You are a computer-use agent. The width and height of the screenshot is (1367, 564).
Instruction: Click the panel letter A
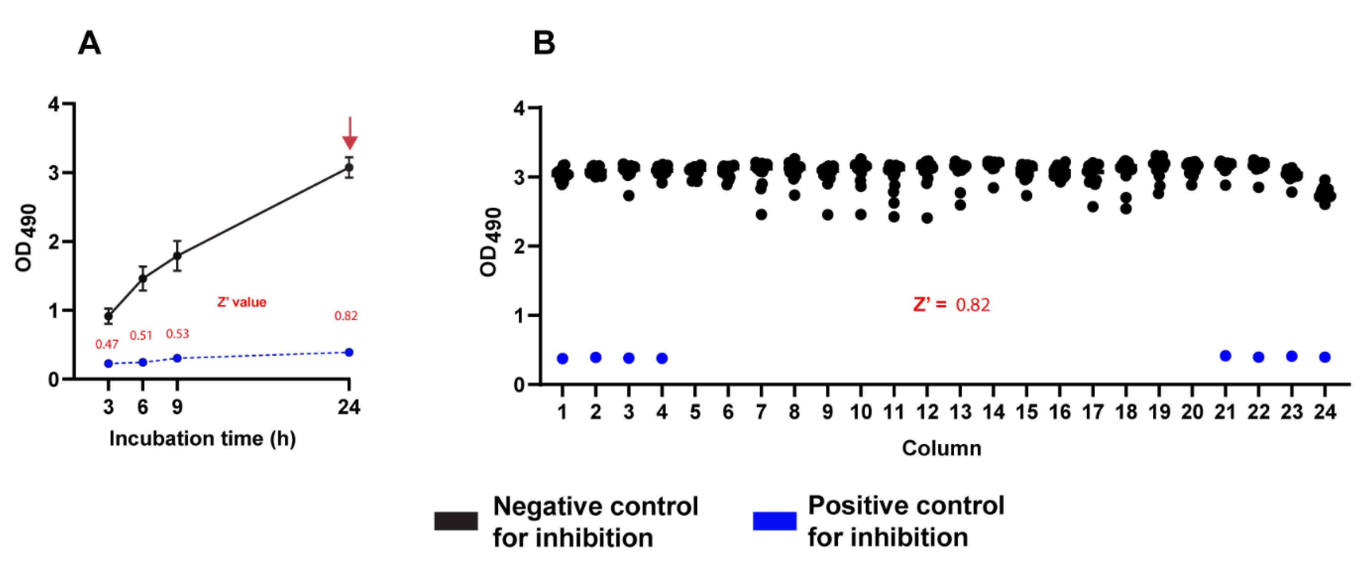pyautogui.click(x=89, y=43)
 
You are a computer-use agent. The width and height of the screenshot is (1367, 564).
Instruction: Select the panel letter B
pyautogui.click(x=544, y=43)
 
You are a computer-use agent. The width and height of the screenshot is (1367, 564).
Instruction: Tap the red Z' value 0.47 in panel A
pyautogui.click(x=107, y=344)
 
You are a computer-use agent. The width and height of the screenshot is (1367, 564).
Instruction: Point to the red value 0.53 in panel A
pyautogui.click(x=177, y=333)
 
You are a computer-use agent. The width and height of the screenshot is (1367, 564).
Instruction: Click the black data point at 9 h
pyautogui.click(x=177, y=256)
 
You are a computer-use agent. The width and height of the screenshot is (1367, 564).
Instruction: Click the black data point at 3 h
pyautogui.click(x=108, y=317)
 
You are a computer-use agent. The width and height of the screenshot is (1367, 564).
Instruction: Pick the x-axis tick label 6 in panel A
pyautogui.click(x=142, y=407)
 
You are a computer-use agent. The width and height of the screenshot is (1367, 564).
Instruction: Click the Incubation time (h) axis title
pyautogui.click(x=202, y=439)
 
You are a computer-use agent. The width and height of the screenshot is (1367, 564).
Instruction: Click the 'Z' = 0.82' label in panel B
pyautogui.click(x=951, y=304)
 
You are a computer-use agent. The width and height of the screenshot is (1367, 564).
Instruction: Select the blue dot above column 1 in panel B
pyautogui.click(x=563, y=358)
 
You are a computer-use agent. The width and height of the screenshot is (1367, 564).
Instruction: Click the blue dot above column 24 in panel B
pyautogui.click(x=1324, y=357)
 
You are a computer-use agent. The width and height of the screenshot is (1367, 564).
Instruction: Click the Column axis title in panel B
pyautogui.click(x=941, y=448)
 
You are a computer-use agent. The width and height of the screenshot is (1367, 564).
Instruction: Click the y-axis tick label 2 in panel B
pyautogui.click(x=518, y=246)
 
